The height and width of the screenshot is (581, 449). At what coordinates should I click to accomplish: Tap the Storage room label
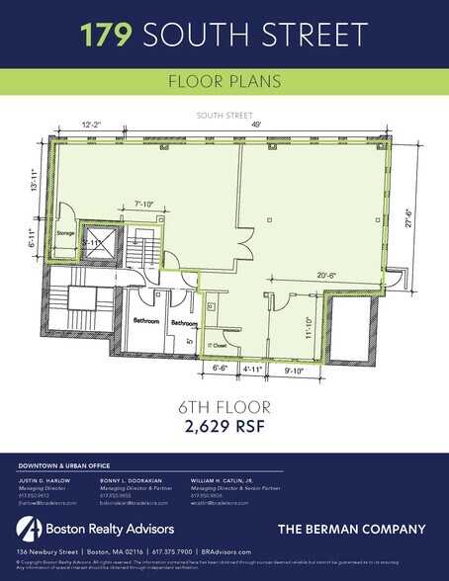pyautogui.click(x=66, y=235)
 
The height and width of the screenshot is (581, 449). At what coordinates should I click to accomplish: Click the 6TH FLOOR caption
pyautogui.click(x=224, y=407)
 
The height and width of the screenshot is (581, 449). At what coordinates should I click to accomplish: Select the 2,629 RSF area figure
pyautogui.click(x=224, y=428)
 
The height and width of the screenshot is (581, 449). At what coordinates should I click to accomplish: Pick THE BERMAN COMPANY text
pyautogui.click(x=359, y=528)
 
